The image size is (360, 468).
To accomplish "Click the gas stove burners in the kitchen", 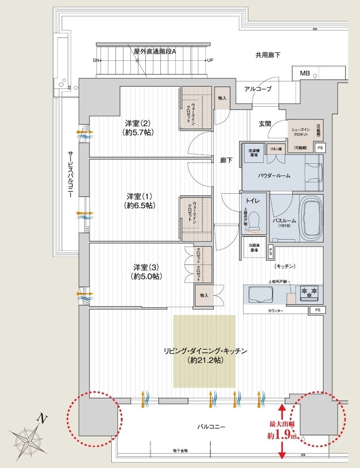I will coord(309,293).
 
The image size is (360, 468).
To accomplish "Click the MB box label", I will coord(305,73).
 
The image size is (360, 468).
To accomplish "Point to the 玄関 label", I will coord(266,124).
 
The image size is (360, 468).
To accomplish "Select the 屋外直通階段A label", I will coord(155,51).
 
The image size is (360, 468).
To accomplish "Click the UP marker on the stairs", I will coord(210,60).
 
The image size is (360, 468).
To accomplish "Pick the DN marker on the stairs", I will coord(96,60).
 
